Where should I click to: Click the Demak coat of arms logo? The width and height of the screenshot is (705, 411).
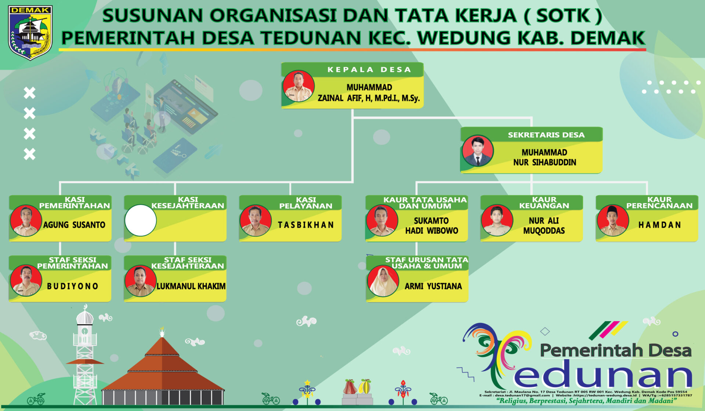[x=30, y=32]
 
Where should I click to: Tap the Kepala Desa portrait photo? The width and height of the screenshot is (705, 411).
[x=299, y=86]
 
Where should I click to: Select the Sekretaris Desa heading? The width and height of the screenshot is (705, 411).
[x=546, y=135]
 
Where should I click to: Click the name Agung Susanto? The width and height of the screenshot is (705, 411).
[x=74, y=225]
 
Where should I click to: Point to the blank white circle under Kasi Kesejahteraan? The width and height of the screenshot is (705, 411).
[x=141, y=220]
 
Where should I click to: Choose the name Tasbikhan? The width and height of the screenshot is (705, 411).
[x=305, y=225]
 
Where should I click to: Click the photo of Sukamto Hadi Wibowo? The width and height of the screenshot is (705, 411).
[x=382, y=220]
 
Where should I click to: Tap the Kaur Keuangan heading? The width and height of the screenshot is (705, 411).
[x=544, y=203]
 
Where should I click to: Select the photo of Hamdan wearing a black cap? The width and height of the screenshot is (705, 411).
[x=612, y=220]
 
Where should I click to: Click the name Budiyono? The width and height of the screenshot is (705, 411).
[x=72, y=286]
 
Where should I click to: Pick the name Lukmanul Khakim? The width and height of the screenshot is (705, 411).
[x=191, y=286]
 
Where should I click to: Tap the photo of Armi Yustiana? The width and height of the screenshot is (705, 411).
[x=383, y=281]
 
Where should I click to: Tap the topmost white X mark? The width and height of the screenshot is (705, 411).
[x=30, y=93]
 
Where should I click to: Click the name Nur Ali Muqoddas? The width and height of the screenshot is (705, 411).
[x=544, y=225]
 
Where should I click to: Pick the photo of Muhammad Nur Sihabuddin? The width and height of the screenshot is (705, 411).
[x=477, y=150]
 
